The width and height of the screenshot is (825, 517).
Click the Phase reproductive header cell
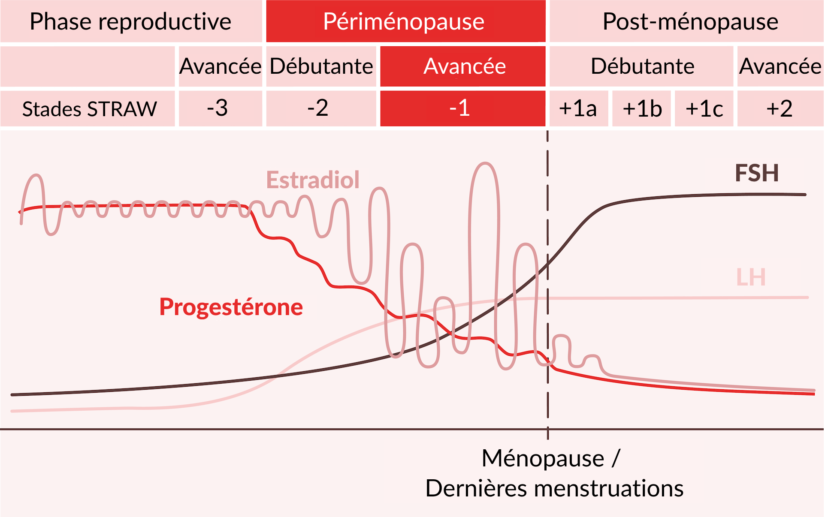click(131, 21)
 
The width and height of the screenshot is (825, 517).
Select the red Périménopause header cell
click(405, 21)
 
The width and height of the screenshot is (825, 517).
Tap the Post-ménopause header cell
click(687, 21)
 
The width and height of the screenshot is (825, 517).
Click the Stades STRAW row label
click(88, 108)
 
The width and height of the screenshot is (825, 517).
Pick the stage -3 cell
click(220, 108)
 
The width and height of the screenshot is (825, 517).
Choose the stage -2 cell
click(321, 108)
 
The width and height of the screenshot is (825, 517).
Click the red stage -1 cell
click(462, 108)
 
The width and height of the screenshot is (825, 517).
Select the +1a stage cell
click(579, 108)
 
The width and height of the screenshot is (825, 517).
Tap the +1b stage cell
click(641, 108)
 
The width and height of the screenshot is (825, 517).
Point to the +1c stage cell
click(704, 108)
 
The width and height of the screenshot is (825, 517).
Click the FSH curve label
click(757, 173)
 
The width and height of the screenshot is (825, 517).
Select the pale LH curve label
click(751, 277)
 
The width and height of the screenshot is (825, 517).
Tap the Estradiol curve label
click(313, 180)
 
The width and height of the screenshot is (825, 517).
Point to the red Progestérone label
click(231, 307)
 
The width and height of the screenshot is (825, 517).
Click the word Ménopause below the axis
click(543, 458)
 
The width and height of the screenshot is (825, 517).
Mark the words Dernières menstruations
click(554, 488)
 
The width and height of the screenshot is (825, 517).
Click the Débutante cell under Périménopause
click(321, 66)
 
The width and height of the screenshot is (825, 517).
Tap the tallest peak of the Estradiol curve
click(485, 163)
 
